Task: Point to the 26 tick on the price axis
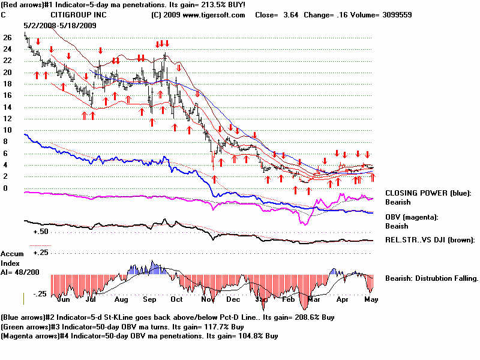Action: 7,37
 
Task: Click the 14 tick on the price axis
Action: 7,107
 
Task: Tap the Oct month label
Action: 177,299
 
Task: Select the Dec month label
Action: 233,299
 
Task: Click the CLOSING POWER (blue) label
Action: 428,193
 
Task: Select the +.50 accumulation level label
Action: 41,231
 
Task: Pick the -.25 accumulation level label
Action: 41,293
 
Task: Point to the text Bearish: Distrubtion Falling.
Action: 431,278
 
